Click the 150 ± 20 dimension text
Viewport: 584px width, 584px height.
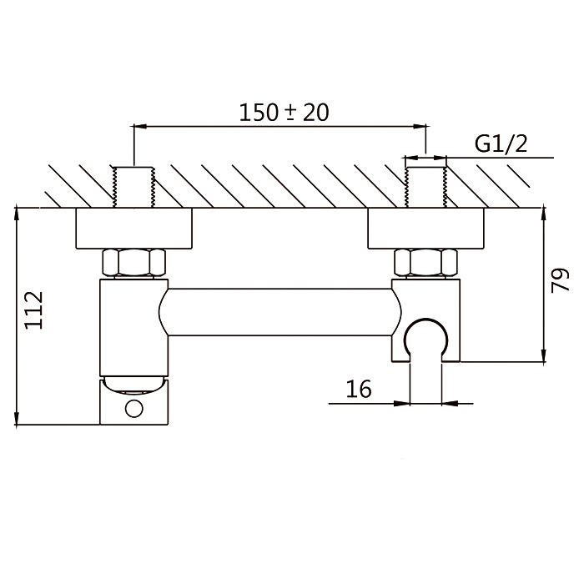(284, 113)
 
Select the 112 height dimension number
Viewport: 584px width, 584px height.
(34, 310)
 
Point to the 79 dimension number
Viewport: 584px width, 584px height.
(560, 280)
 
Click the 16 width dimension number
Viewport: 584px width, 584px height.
(359, 389)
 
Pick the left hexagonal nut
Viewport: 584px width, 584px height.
(133, 263)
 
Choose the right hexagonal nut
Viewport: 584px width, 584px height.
(425, 263)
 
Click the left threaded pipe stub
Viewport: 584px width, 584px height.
(133, 187)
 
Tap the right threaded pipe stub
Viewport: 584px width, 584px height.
(425, 187)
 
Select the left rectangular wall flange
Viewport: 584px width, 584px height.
(133, 228)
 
